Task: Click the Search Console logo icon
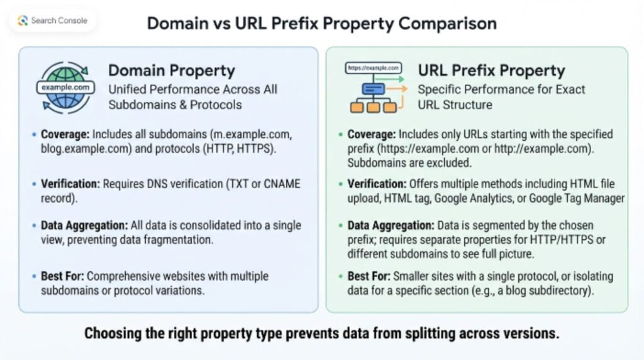[x=23, y=21]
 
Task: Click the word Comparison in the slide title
[x=447, y=23]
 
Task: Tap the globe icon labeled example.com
[x=65, y=87]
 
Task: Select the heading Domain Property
[x=172, y=70]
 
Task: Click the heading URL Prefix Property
[x=491, y=70]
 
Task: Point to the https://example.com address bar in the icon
[x=374, y=68]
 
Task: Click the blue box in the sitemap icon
[x=374, y=89]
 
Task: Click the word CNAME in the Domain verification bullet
[x=282, y=184]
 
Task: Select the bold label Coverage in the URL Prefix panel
[x=372, y=135]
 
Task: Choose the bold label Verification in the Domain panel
[x=70, y=184]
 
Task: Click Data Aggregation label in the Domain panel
[x=84, y=225]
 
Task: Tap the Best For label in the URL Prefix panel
[x=369, y=276]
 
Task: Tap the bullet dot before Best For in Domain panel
[x=34, y=276]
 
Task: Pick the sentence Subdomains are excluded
[x=409, y=163]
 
